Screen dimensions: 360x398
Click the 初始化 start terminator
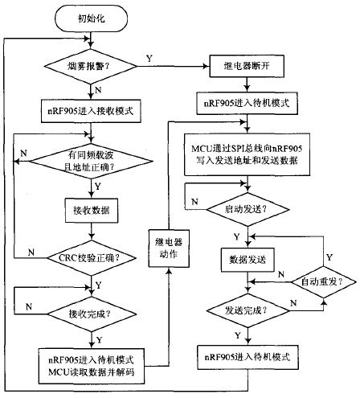click(x=91, y=18)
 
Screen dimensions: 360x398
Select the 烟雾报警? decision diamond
click(x=91, y=66)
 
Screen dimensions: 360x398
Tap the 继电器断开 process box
click(x=247, y=66)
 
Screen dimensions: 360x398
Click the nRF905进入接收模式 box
click(x=91, y=111)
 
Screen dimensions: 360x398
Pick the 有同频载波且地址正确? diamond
click(x=91, y=161)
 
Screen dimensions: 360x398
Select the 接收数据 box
click(x=92, y=210)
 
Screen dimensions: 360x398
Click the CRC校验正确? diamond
click(x=92, y=258)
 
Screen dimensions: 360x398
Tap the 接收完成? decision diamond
click(x=92, y=314)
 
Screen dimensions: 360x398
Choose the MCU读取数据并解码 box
click(x=92, y=366)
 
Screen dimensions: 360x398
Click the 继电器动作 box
click(x=169, y=248)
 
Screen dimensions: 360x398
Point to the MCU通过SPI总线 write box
click(x=247, y=154)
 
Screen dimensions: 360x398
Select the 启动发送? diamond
click(x=247, y=209)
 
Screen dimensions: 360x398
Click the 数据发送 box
click(x=247, y=260)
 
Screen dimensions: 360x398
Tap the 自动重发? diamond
click(x=324, y=281)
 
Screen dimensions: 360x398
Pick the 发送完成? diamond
click(x=247, y=310)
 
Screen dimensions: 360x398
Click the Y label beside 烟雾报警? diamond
click(x=149, y=58)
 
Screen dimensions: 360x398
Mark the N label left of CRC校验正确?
click(x=31, y=252)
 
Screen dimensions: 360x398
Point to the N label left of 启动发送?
click(x=194, y=202)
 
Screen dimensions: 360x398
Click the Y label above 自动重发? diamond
click(x=329, y=257)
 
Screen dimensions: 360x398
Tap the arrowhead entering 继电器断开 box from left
click(x=207, y=66)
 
